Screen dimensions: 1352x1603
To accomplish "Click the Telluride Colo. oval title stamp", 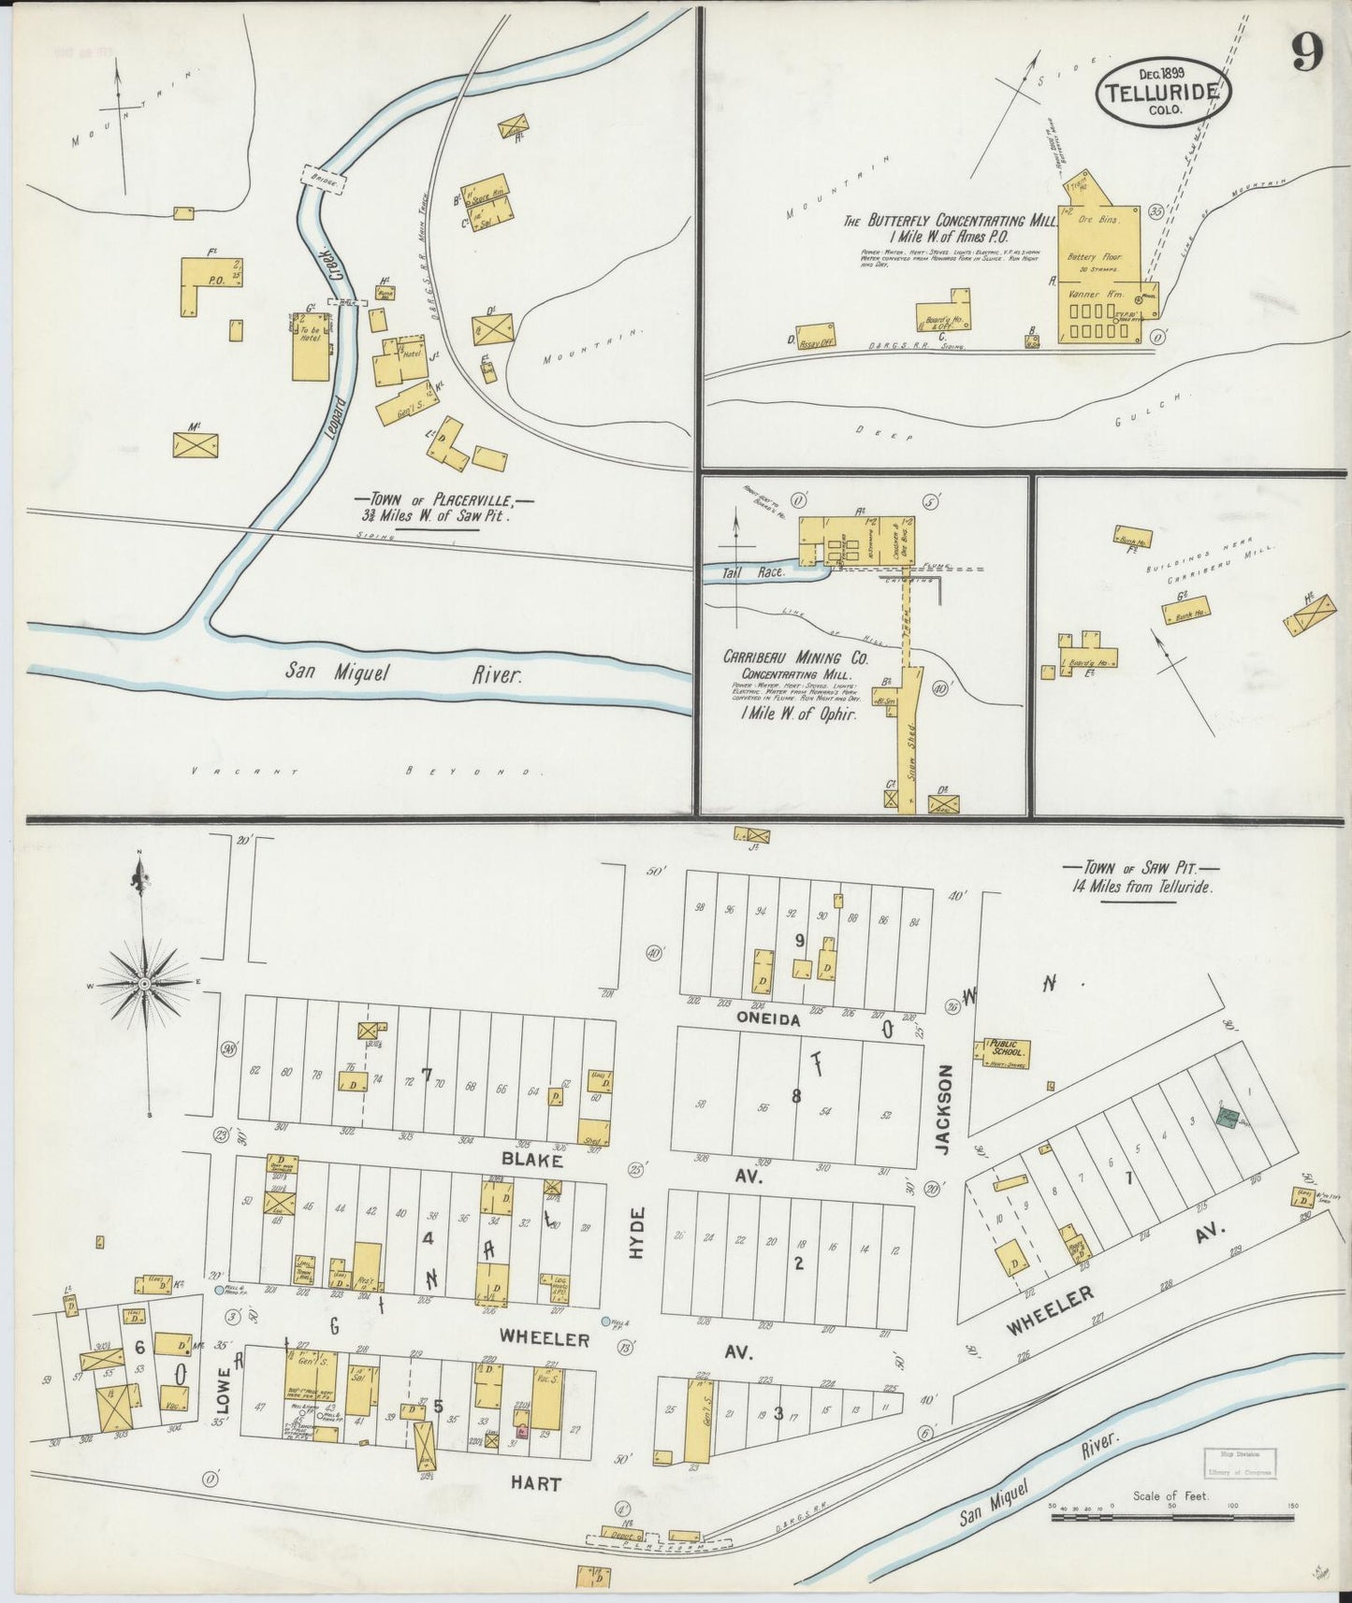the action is pos(1164,93).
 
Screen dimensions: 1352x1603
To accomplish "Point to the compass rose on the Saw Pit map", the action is pos(145,984).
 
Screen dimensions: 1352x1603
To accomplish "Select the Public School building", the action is pos(1006,1051).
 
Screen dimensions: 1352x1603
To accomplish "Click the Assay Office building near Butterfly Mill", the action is pos(815,337).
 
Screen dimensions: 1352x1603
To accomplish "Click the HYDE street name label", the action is pos(638,1232).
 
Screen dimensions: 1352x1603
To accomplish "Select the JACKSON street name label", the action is pos(944,1109).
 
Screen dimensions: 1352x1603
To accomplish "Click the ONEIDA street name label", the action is pos(768,1020).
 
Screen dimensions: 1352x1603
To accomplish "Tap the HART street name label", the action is pos(536,1483).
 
